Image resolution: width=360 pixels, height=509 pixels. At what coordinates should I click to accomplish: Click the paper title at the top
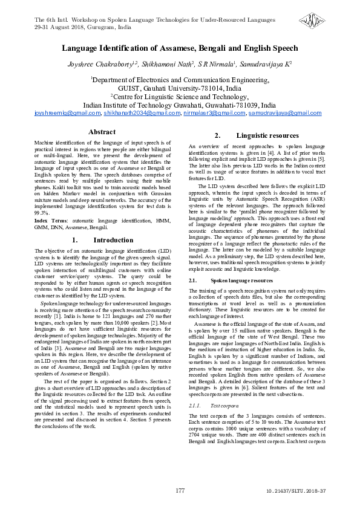point(180,48)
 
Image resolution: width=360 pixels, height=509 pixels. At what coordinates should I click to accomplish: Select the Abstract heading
point(102,132)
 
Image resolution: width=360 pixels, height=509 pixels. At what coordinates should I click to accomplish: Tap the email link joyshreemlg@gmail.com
point(67,113)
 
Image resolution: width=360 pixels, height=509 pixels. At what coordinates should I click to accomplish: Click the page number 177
point(180,490)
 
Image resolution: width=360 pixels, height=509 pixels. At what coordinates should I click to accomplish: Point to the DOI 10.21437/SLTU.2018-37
point(296,491)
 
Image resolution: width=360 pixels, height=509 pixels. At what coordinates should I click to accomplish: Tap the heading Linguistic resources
point(259,135)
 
